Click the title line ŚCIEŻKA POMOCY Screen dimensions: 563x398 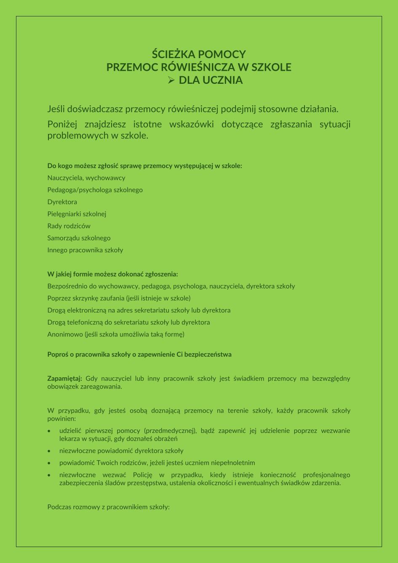click(199, 54)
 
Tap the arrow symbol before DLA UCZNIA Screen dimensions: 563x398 click(171, 80)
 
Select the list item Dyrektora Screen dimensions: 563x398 click(62, 202)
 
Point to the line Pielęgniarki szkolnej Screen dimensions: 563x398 click(77, 214)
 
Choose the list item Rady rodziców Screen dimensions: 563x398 click(69, 226)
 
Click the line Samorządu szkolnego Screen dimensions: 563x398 click(79, 238)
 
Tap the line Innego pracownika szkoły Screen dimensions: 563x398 click(85, 250)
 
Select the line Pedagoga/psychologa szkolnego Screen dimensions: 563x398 click(95, 190)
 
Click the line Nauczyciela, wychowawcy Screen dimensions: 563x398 click(86, 178)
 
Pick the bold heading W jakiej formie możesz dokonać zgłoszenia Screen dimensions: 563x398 click(112, 274)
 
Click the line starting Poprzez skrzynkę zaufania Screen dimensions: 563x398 click(119, 298)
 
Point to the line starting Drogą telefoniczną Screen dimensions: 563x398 click(128, 322)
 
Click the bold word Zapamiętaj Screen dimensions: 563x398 click(64, 378)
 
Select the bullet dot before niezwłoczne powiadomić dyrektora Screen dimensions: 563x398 click(50, 451)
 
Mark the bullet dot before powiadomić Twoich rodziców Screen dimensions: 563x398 click(50, 463)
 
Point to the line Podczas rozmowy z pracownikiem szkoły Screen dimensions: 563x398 click(108, 507)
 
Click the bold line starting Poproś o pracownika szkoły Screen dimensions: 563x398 click(139, 354)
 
